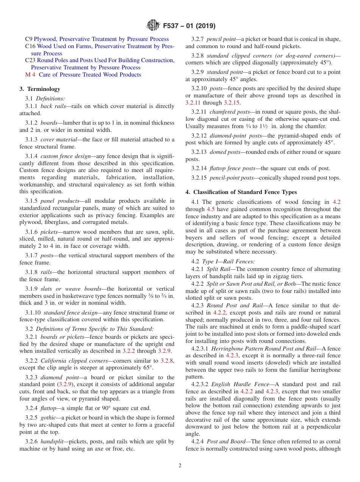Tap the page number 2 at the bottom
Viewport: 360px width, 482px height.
pos(180,466)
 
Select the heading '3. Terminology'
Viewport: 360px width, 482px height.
pos(40,89)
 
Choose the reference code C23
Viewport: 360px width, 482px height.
pos(30,60)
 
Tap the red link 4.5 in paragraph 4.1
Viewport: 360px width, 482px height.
pos(211,209)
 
